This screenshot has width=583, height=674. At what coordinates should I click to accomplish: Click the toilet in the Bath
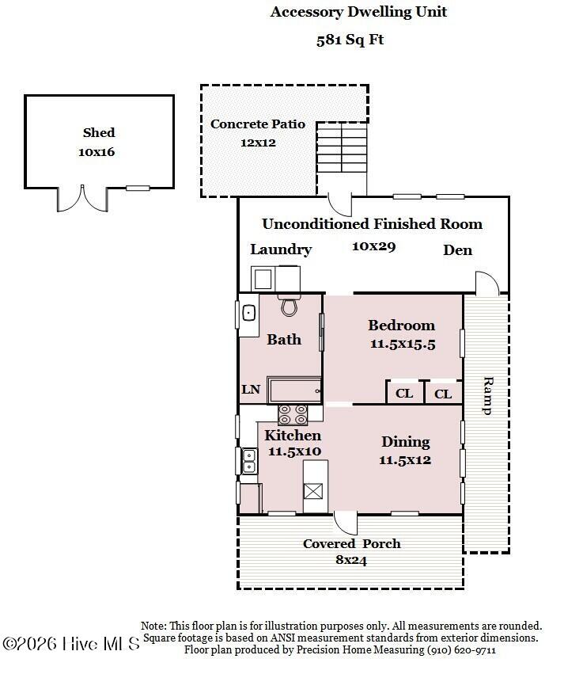289,305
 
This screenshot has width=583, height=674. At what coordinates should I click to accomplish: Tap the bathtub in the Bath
294,390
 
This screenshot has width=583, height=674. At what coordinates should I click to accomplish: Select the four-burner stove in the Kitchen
293,415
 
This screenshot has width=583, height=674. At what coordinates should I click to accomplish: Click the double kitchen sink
249,461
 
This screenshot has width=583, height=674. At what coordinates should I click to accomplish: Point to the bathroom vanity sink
249,313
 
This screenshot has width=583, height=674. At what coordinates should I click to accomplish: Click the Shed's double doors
82,199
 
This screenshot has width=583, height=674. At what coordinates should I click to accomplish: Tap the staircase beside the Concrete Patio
342,147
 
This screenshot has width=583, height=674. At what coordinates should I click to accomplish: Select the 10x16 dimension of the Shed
97,152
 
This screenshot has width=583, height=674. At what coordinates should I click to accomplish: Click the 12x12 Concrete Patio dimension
258,143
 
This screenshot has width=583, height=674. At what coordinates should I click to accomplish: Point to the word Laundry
281,249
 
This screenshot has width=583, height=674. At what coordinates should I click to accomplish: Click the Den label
458,250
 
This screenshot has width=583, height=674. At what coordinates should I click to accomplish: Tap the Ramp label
488,395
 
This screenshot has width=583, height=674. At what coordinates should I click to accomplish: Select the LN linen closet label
251,390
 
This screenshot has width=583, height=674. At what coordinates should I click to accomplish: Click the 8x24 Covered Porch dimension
351,560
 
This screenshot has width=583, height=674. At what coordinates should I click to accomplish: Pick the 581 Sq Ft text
350,40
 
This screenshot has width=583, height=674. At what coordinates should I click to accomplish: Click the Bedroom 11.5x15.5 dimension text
403,344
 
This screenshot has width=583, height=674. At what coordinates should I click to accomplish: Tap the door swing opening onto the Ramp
486,284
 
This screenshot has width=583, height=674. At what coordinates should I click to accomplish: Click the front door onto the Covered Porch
346,523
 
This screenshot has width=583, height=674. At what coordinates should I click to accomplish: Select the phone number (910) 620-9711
461,649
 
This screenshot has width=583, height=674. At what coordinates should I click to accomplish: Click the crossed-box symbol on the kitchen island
313,491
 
